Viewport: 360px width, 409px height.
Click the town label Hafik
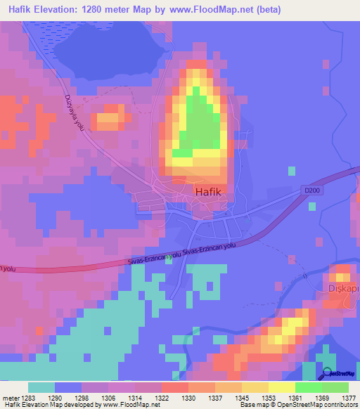pyautogui.click(x=209, y=190)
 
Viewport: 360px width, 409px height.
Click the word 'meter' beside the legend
pyautogui.click(x=8, y=398)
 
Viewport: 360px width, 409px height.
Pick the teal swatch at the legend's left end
pyautogui.click(x=41, y=387)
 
